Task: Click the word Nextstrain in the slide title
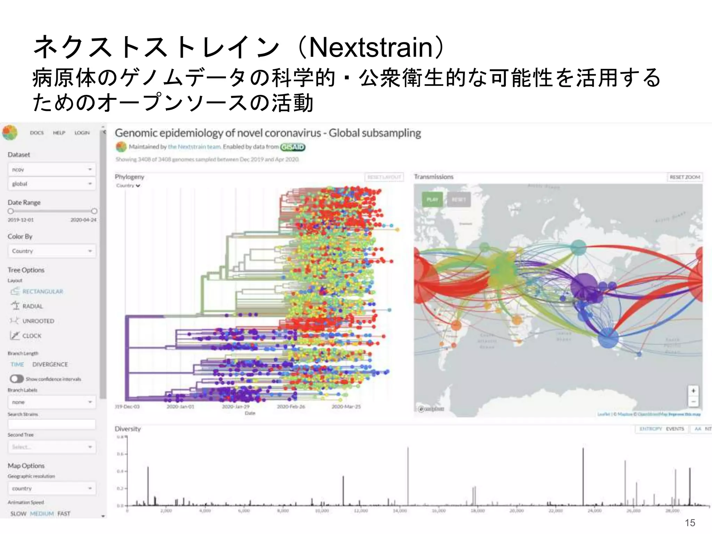point(371,48)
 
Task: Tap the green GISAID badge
point(293,147)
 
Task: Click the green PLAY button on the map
point(432,200)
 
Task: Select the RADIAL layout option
point(32,306)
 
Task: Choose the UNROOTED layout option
point(38,321)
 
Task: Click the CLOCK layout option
point(32,336)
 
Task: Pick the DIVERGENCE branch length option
point(50,364)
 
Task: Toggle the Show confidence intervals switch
point(17,379)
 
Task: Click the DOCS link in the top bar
point(37,133)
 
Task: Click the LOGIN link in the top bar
point(82,133)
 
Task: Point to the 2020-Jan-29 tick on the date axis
point(236,406)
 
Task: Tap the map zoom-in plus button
point(693,391)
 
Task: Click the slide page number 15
point(690,523)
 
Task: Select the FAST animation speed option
point(64,513)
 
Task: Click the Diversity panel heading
point(128,429)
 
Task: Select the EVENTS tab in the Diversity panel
point(675,429)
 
